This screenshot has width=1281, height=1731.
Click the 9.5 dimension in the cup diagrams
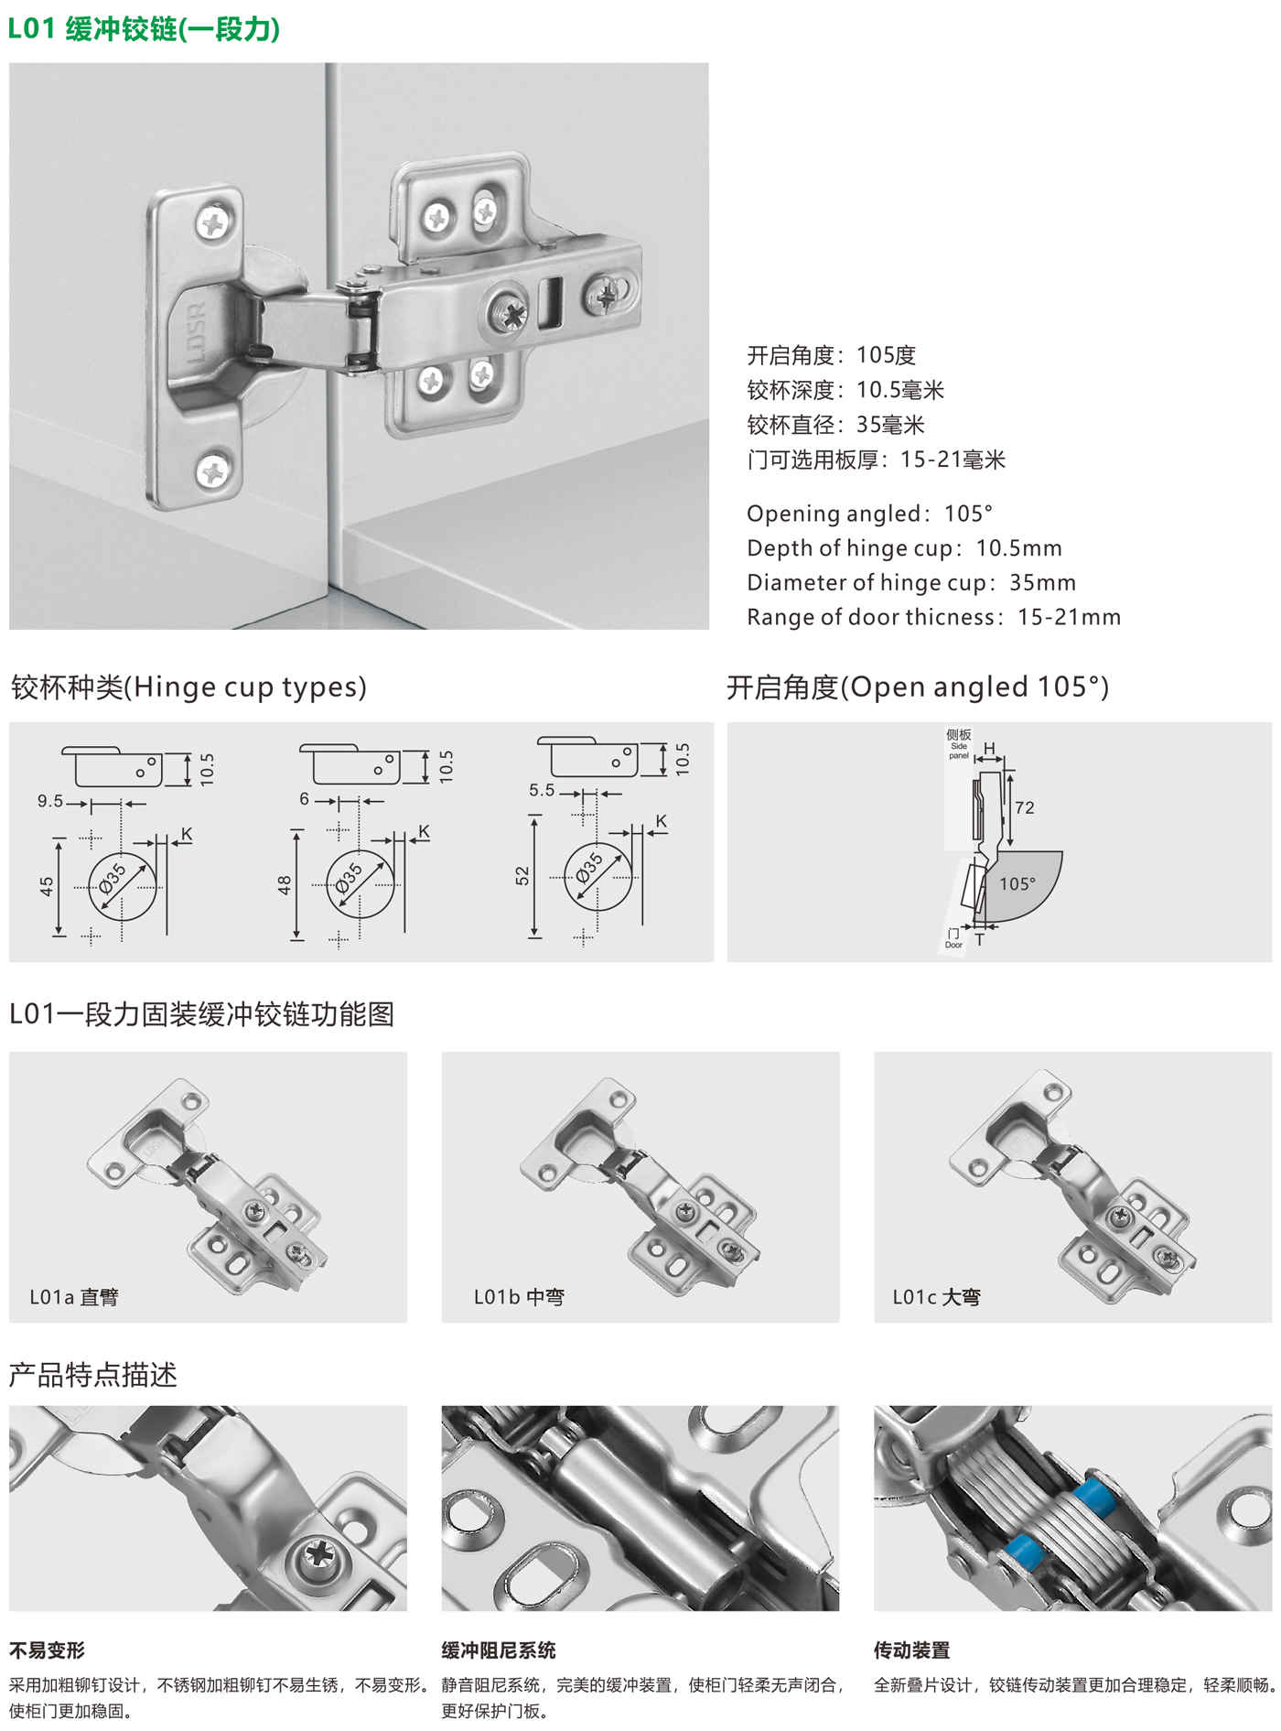pos(50,801)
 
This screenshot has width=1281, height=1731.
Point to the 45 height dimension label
pos(47,886)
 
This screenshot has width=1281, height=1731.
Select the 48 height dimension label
pos(285,885)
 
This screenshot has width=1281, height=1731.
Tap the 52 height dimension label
pos(522,876)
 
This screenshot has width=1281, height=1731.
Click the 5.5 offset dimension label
pos(542,790)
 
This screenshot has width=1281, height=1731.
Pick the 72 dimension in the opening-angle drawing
pos(1025,807)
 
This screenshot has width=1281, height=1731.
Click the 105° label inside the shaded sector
pos(1017,883)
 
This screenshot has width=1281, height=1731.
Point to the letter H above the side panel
pos(989,749)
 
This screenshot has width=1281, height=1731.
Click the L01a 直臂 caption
pos(74,1296)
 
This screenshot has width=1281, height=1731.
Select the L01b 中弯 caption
pos(519,1296)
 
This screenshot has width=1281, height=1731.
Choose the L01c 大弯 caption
pos(937,1296)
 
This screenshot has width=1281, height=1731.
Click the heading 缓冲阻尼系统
pos(499,1650)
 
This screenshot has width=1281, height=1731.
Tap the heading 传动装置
pos(912,1650)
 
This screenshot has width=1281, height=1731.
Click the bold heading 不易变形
pos(47,1650)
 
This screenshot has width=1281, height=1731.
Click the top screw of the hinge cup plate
pos(214,222)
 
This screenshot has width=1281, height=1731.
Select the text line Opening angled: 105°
pos(870,514)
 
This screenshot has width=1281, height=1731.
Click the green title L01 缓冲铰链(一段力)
pos(145,29)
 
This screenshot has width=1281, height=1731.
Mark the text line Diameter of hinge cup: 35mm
pos(911,583)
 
